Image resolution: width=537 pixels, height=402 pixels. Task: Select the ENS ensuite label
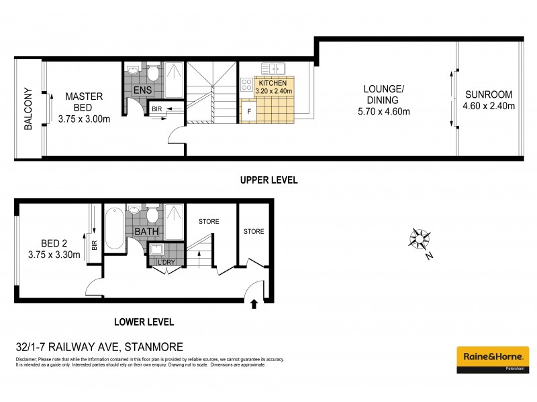142,90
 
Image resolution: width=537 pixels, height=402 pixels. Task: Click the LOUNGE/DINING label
383,94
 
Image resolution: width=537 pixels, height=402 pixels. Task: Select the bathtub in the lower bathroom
113,228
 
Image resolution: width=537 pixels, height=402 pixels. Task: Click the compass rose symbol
418,238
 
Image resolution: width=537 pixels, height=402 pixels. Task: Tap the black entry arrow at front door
253,304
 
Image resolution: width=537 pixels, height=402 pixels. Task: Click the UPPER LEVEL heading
268,180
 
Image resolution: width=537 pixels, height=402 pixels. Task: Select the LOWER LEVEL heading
144,322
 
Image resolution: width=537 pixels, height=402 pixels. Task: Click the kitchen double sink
274,68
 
